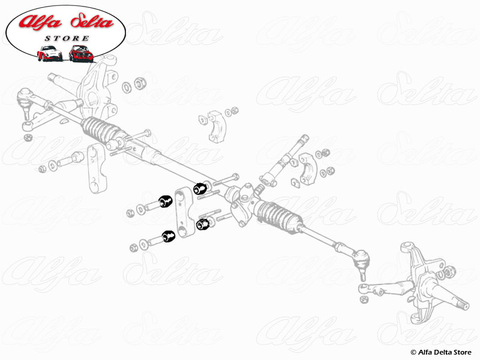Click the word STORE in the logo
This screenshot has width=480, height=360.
pos(67,38)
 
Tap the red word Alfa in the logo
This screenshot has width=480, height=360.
pos(40,22)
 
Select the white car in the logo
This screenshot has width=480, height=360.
pos(50,53)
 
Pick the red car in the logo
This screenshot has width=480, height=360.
pos(81,53)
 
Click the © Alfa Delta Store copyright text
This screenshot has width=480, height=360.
pos(441,352)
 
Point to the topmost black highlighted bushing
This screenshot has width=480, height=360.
pos(200,188)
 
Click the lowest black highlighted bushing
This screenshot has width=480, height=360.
pos(169,236)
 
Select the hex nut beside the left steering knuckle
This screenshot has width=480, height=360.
pos(140,83)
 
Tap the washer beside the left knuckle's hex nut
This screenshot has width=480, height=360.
pos(127,88)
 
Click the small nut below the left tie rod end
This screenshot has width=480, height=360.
pos(28,137)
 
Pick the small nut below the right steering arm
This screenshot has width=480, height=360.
pos(364,299)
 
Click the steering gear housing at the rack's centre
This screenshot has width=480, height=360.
pos(241,202)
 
